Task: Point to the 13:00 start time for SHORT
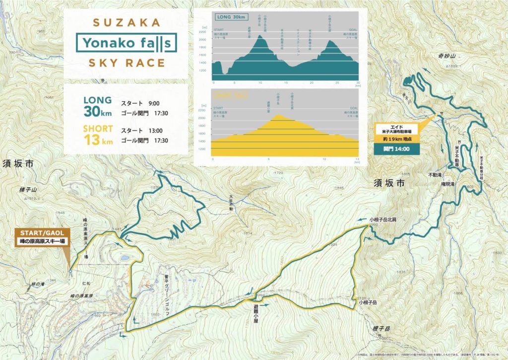point(155,131)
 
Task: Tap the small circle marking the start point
point(70,272)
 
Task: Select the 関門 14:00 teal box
point(399,148)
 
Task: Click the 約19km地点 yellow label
point(398,140)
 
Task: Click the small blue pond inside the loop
point(123,258)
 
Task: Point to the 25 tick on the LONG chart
point(337,81)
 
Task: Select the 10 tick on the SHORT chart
point(324,159)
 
